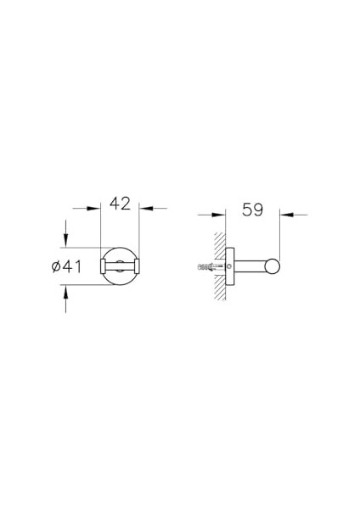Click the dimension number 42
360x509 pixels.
point(121,204)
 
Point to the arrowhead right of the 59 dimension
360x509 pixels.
point(287,215)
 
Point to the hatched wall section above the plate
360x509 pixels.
point(219,241)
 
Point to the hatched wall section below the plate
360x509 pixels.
point(219,293)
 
